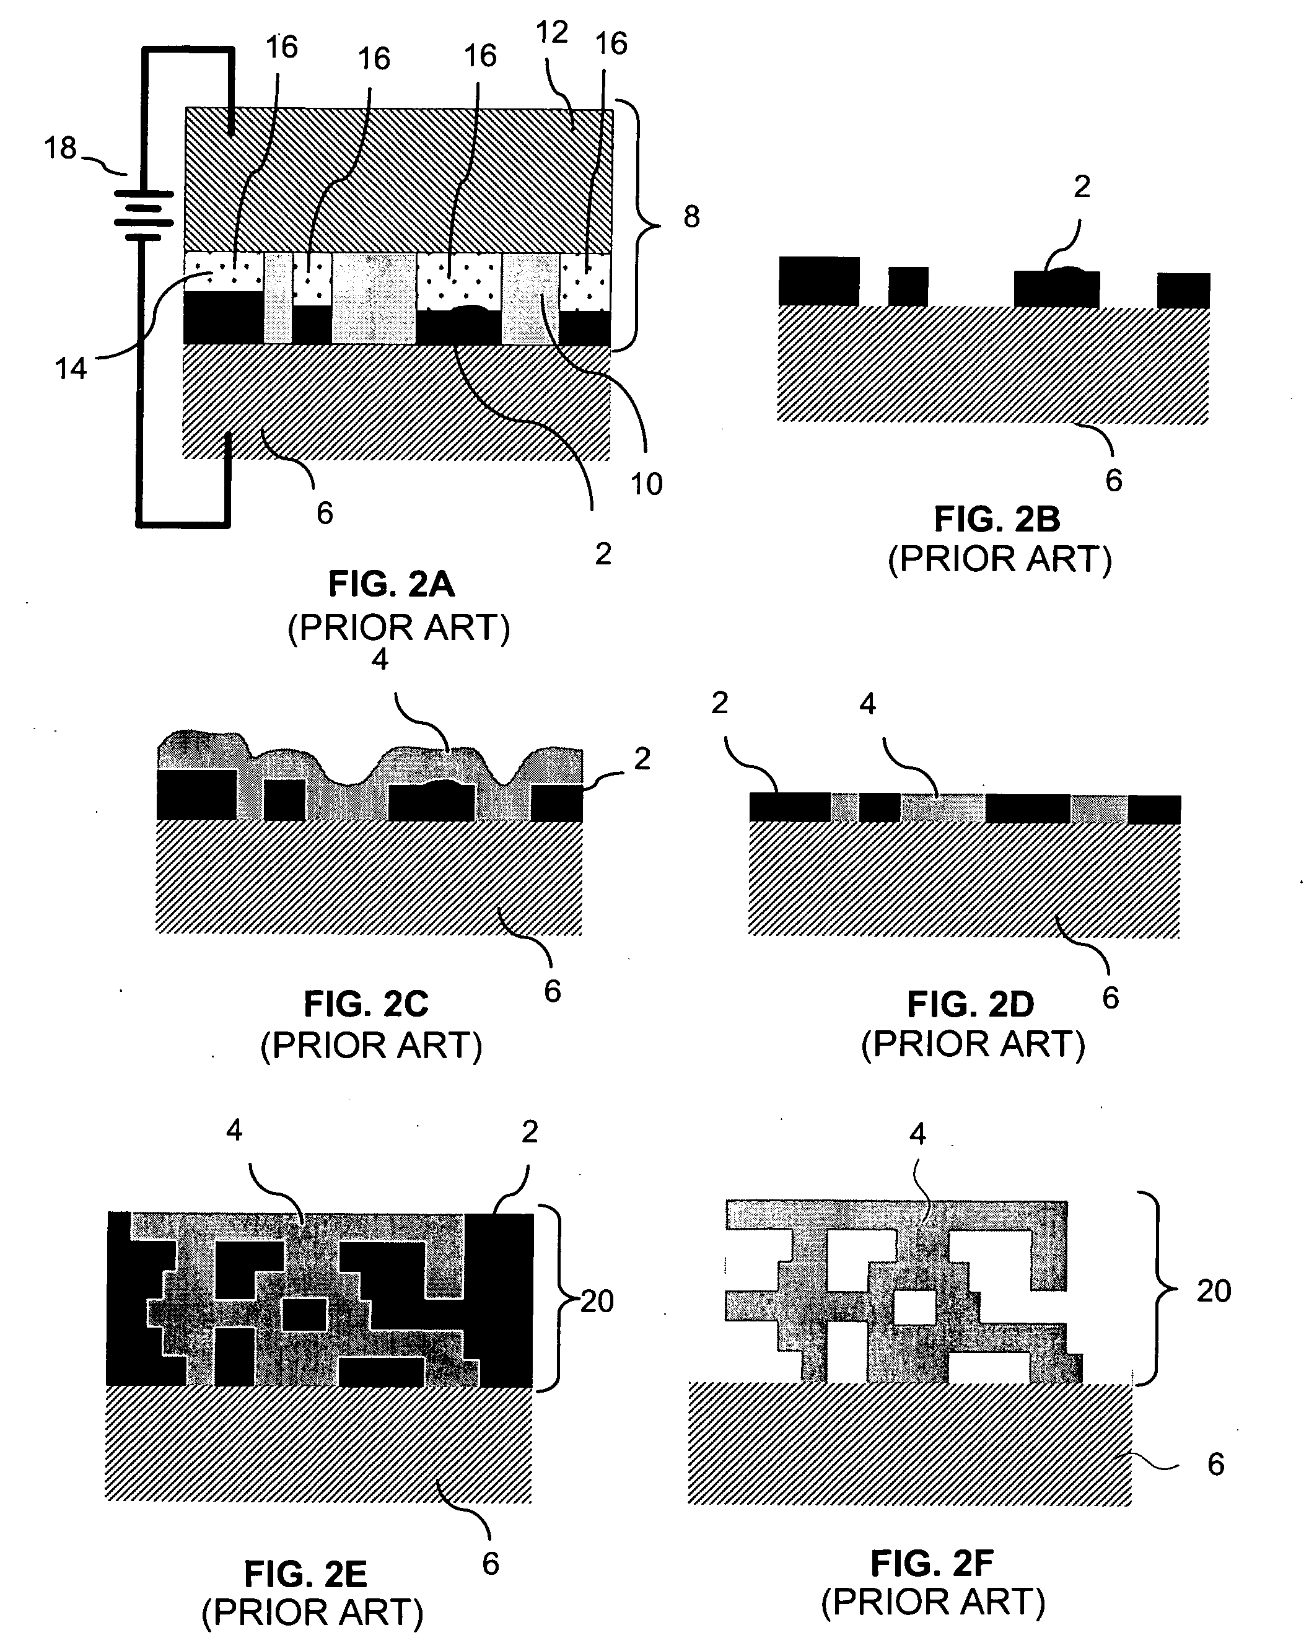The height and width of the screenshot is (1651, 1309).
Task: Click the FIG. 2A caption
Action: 392,584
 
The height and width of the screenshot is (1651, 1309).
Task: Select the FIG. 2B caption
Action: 997,520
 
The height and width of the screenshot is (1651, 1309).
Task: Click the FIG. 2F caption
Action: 932,1563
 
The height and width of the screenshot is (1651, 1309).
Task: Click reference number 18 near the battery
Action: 61,148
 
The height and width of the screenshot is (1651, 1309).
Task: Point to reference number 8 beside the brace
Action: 691,217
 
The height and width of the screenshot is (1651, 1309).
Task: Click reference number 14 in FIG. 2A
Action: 71,369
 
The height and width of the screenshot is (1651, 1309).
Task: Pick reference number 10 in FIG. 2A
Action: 646,484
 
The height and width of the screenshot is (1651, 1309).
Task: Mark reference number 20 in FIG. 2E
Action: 597,1301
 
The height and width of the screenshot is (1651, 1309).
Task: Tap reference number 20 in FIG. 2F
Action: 1214,1290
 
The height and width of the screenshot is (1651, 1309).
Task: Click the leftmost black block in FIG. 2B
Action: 819,281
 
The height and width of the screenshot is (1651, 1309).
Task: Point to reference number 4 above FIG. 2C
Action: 380,659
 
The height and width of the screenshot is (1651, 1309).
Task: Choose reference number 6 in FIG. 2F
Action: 1215,1464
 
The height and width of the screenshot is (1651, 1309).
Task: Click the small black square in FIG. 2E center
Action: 305,1314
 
